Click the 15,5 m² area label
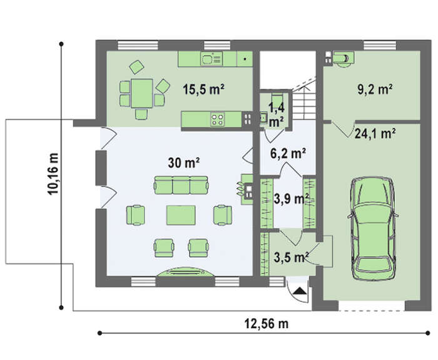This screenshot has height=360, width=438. [203, 90]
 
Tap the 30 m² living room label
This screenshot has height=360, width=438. [183, 163]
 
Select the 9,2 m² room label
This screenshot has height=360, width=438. [375, 90]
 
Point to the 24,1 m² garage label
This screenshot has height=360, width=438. [375, 133]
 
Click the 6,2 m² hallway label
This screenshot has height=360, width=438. [288, 153]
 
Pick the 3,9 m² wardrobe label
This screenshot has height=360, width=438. [292, 198]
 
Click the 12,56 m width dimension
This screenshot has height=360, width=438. [267, 324]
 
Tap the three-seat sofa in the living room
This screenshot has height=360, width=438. [181, 185]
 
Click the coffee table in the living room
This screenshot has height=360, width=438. [181, 215]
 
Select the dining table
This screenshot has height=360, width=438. [142, 93]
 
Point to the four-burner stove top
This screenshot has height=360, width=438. [217, 120]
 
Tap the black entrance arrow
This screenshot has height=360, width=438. [300, 291]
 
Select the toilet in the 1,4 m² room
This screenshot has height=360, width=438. [277, 100]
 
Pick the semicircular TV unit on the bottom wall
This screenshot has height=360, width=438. [186, 272]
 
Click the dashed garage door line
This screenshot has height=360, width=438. [372, 311]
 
